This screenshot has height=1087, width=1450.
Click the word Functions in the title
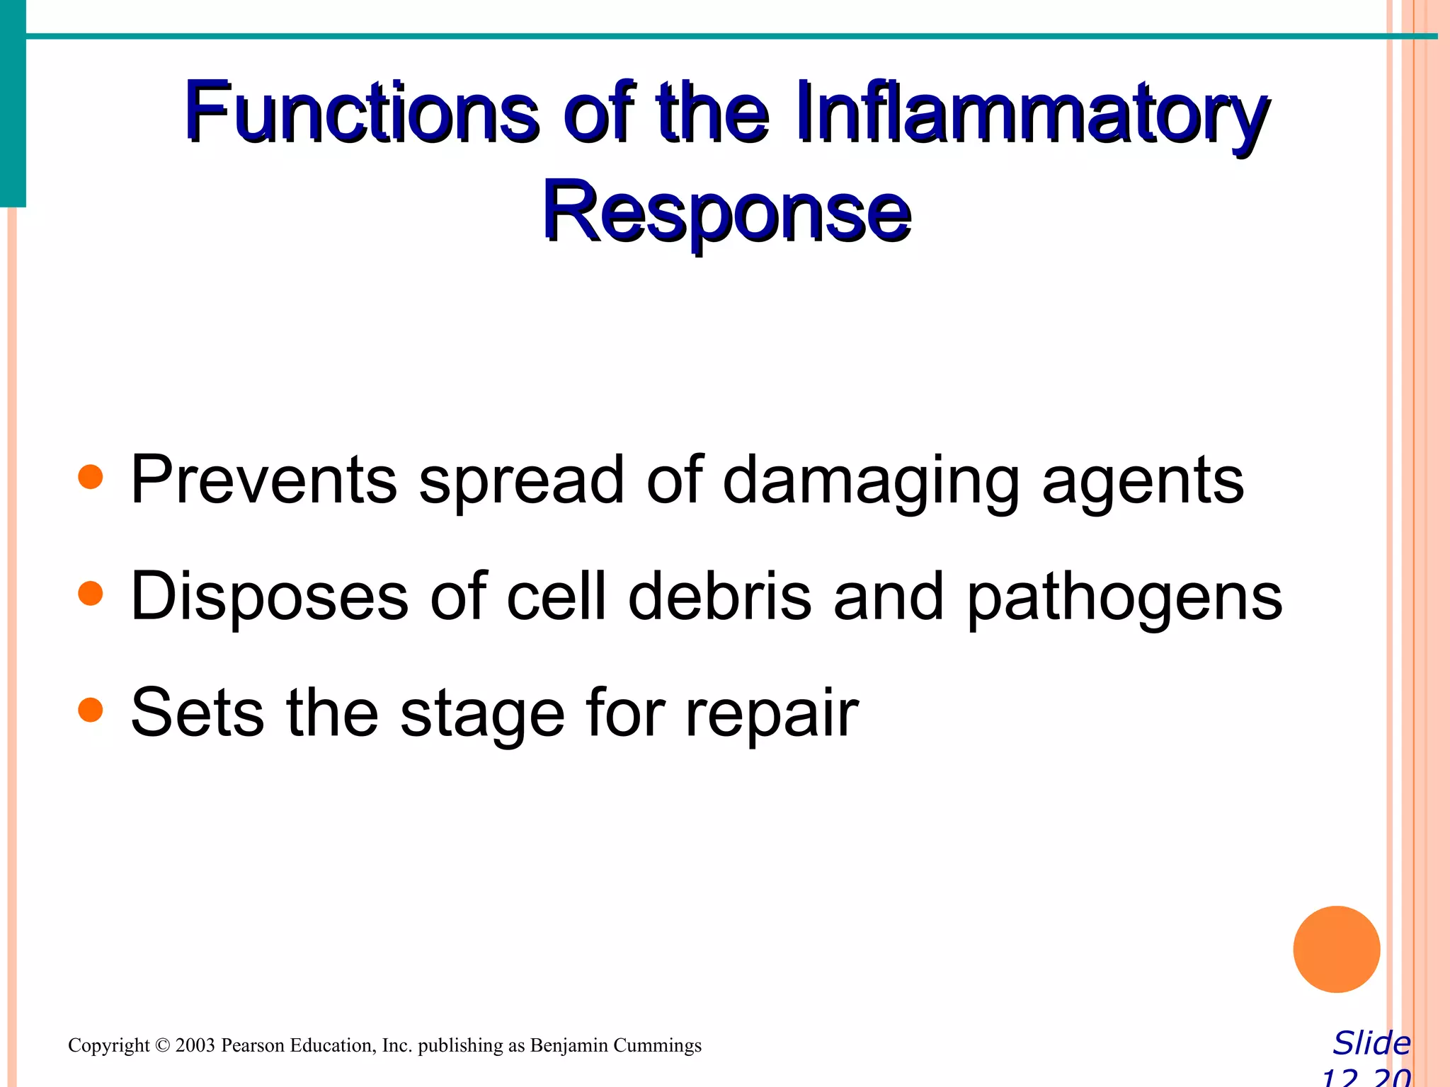click(361, 113)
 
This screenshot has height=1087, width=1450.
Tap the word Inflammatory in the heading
click(1031, 113)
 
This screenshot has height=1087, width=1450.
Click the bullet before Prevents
click(91, 477)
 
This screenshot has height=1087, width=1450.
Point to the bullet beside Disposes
click(91, 594)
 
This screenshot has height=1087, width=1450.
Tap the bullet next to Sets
click(91, 710)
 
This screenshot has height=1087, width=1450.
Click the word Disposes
click(270, 597)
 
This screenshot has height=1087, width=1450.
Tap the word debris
click(719, 597)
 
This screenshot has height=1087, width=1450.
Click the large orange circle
click(1336, 949)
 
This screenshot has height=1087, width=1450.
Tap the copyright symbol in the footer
click(163, 1045)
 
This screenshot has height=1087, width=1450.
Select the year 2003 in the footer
click(195, 1045)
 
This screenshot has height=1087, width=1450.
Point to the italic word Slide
click(1371, 1043)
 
